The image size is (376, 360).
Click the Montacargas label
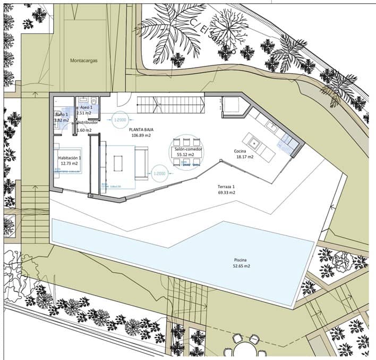coord(84,61)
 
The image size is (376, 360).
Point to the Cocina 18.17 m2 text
coord(244,154)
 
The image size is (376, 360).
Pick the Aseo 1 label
coord(86,107)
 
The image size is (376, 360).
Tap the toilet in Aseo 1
coord(93,99)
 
